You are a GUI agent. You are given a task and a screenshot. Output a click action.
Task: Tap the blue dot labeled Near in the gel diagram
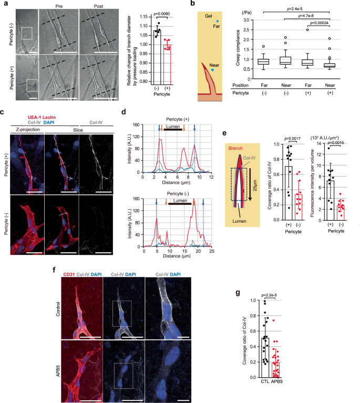point(213,69)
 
